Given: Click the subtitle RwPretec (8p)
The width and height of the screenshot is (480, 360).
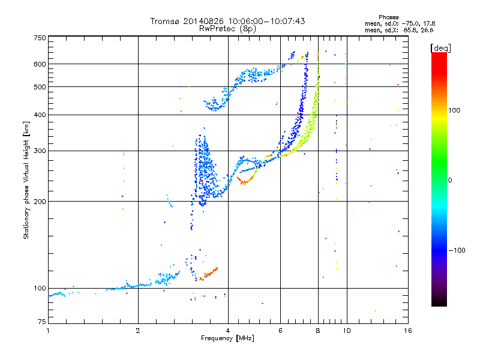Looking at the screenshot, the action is pos(227,29).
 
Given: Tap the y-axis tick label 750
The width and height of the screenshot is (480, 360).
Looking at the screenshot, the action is pos(40,38).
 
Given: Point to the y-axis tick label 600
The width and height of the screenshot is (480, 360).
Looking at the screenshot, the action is pos(40,64).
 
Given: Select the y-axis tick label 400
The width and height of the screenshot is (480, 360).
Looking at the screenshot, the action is pos(40,115).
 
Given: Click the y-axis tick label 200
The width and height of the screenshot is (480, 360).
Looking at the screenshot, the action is pos(40,202).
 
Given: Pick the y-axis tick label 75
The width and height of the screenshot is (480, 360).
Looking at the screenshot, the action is pos(42,322).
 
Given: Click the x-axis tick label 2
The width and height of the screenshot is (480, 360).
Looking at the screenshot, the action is pos(138,331).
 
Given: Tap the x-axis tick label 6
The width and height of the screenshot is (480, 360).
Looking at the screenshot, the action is pos(280,331).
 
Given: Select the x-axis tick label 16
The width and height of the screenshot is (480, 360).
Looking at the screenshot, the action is pos(408,331).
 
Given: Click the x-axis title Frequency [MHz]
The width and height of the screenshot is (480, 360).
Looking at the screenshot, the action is pos(227,338).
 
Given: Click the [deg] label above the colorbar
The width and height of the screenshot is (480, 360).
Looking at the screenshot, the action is pos(441,48).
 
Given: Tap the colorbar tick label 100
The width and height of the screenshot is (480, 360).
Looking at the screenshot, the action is pos(454,110).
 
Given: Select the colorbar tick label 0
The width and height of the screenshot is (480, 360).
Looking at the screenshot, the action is pos(450,181).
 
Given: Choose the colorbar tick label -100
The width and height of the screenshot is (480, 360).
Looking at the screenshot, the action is pos(457,250).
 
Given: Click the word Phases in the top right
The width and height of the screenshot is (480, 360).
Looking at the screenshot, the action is pos(388,17).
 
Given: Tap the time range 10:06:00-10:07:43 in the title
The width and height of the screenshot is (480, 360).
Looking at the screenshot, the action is pos(266,21).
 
